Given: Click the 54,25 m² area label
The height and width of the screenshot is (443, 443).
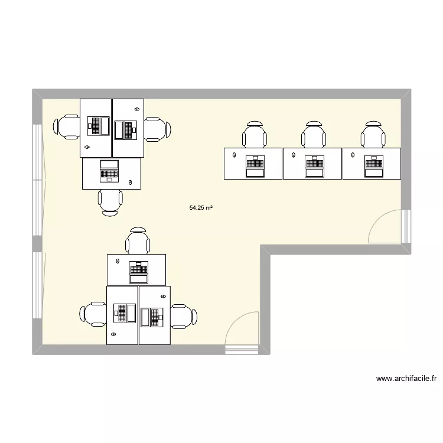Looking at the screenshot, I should (x=201, y=208).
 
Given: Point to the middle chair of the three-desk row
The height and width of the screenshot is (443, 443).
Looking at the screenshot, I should (x=313, y=135).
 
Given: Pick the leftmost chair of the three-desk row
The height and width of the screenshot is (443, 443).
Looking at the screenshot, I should (x=254, y=135).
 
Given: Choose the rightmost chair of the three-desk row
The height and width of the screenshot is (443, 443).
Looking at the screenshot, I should (x=373, y=135).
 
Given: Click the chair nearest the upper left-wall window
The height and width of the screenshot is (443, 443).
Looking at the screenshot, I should (x=67, y=127).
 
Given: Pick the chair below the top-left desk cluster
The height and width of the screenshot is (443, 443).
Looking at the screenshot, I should (x=110, y=203).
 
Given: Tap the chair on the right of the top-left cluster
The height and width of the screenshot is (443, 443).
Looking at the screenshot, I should (x=158, y=128).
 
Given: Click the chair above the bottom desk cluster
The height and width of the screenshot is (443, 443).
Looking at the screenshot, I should (x=137, y=241).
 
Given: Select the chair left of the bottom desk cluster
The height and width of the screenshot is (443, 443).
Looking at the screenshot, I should (x=93, y=314).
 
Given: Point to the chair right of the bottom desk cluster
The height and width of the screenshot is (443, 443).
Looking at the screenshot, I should (x=183, y=315).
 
